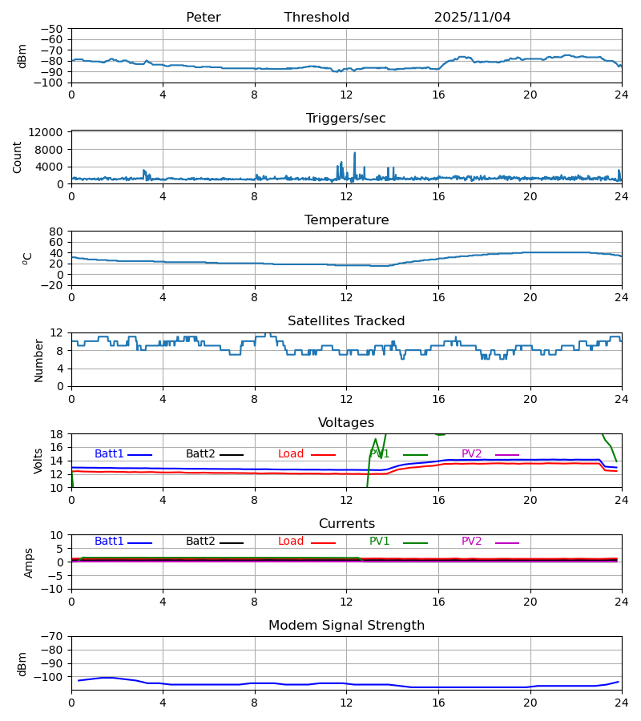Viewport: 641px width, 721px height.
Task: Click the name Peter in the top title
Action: click(x=203, y=18)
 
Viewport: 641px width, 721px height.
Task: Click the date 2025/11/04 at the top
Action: click(x=472, y=18)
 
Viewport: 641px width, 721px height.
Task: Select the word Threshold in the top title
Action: click(x=316, y=18)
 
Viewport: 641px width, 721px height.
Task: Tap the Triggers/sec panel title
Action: click(x=346, y=119)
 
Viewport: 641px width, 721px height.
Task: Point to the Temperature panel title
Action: click(x=346, y=220)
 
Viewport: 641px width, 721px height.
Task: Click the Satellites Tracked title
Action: click(x=346, y=321)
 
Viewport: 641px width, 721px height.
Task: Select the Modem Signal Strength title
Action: click(x=346, y=626)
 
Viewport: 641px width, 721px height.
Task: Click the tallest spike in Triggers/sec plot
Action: click(x=354, y=153)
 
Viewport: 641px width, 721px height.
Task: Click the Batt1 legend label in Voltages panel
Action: click(x=109, y=454)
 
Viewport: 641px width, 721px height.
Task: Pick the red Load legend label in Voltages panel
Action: click(x=291, y=454)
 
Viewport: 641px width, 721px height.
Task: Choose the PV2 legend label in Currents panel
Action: click(x=472, y=542)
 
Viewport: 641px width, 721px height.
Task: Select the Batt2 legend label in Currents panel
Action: click(x=200, y=542)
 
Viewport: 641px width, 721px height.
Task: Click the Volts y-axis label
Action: click(x=39, y=461)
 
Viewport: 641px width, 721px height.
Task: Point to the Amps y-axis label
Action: click(x=30, y=562)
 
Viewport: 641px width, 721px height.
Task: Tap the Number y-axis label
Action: click(x=39, y=360)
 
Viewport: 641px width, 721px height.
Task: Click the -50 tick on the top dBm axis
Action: click(x=51, y=29)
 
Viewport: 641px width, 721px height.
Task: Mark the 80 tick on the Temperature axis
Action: click(x=56, y=232)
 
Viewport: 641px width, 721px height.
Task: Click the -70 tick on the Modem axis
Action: click(x=51, y=637)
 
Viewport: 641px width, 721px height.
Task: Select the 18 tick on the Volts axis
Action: click(x=56, y=434)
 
